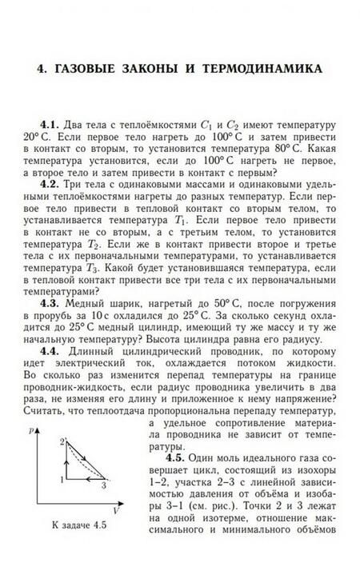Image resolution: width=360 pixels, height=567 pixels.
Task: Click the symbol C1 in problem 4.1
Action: [208, 126]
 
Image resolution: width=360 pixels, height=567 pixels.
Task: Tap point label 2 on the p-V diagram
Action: [61, 442]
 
